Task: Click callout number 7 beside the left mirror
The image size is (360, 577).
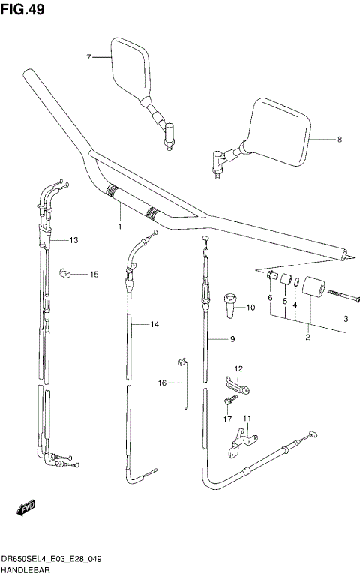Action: pos(88,57)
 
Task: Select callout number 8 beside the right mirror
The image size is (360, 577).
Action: pos(339,140)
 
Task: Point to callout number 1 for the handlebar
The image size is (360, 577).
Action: pos(119,225)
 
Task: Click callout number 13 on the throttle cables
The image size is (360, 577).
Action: pos(73,240)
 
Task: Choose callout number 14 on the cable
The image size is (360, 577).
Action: pos(155,325)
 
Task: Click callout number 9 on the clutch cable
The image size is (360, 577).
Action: pos(232,339)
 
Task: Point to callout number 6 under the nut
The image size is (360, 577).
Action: pos(271,298)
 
